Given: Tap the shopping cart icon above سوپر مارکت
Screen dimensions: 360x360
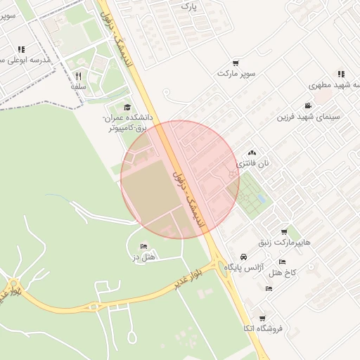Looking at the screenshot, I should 236,63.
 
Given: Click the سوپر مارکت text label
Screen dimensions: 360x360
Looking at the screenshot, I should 236,73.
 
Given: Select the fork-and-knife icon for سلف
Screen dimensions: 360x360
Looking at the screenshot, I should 78,76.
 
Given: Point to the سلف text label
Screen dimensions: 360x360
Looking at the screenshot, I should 78,86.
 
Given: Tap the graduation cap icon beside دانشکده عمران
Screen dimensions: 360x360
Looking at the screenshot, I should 127,107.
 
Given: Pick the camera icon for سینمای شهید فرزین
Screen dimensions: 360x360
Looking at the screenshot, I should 308,106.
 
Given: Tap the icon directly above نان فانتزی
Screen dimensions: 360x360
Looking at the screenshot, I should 252,153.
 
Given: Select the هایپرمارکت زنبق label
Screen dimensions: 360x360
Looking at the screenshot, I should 283,243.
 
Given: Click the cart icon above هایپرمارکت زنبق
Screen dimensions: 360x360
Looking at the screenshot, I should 284,232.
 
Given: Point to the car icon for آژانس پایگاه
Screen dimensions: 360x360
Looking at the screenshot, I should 243,257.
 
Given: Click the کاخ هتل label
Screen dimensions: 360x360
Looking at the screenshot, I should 284,271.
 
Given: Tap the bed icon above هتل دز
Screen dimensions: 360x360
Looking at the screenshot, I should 144,247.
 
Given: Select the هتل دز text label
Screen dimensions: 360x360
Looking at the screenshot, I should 144,257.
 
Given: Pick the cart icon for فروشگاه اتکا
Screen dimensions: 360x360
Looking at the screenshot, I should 262,319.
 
